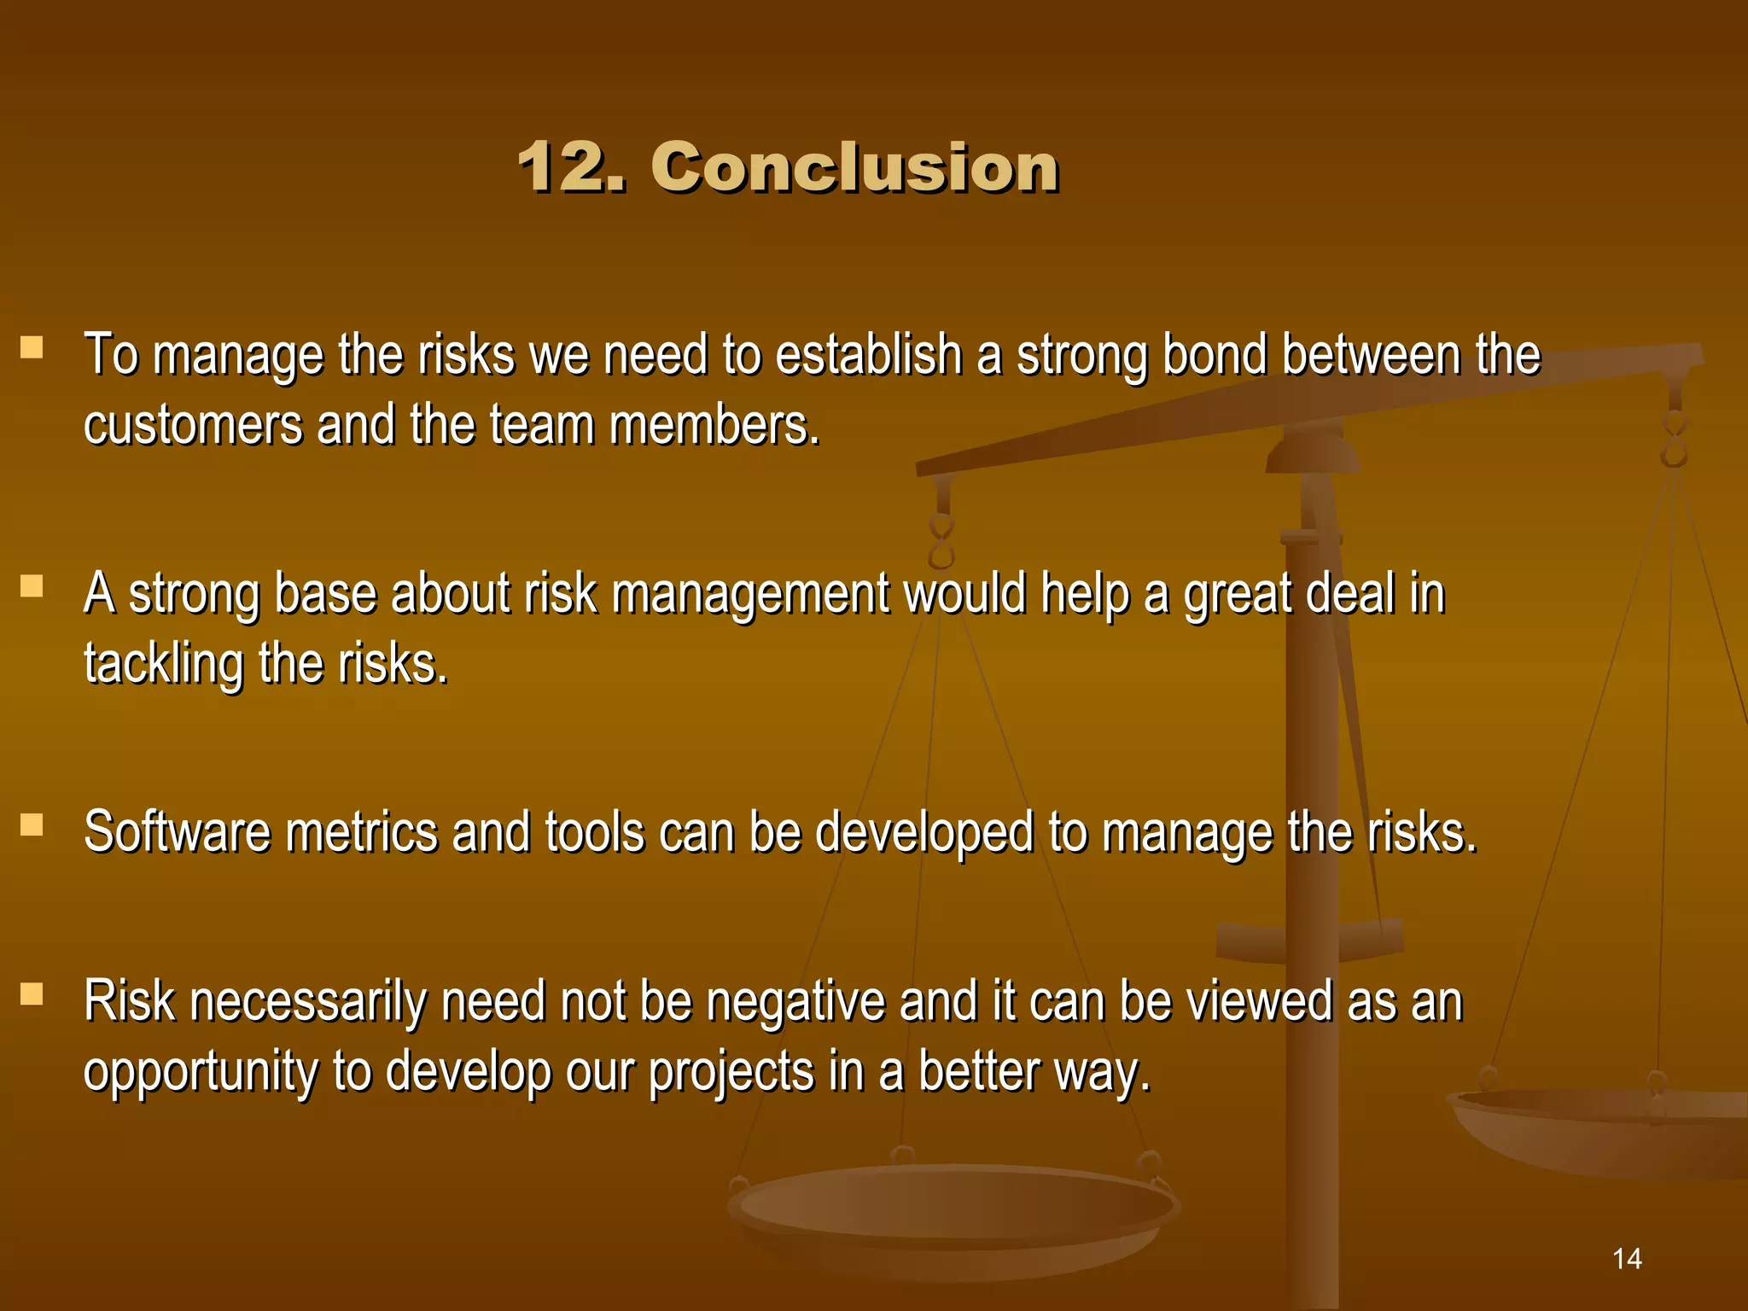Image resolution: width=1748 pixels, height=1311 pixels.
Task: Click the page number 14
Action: point(1627,1258)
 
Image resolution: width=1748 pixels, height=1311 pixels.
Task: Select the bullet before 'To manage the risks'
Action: point(32,347)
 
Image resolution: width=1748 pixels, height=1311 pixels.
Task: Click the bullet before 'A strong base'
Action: point(32,586)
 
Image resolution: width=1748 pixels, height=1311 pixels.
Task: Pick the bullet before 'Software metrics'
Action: point(32,824)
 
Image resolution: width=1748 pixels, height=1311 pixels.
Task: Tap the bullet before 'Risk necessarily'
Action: point(32,993)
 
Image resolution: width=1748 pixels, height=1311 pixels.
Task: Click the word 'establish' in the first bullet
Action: point(869,354)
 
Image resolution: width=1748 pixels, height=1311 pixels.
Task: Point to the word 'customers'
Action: point(193,424)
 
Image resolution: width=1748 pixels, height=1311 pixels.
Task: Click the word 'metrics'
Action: point(362,832)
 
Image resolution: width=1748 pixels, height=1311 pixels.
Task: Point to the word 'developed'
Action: point(924,834)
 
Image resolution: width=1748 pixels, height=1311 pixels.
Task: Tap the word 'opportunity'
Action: point(201,1073)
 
